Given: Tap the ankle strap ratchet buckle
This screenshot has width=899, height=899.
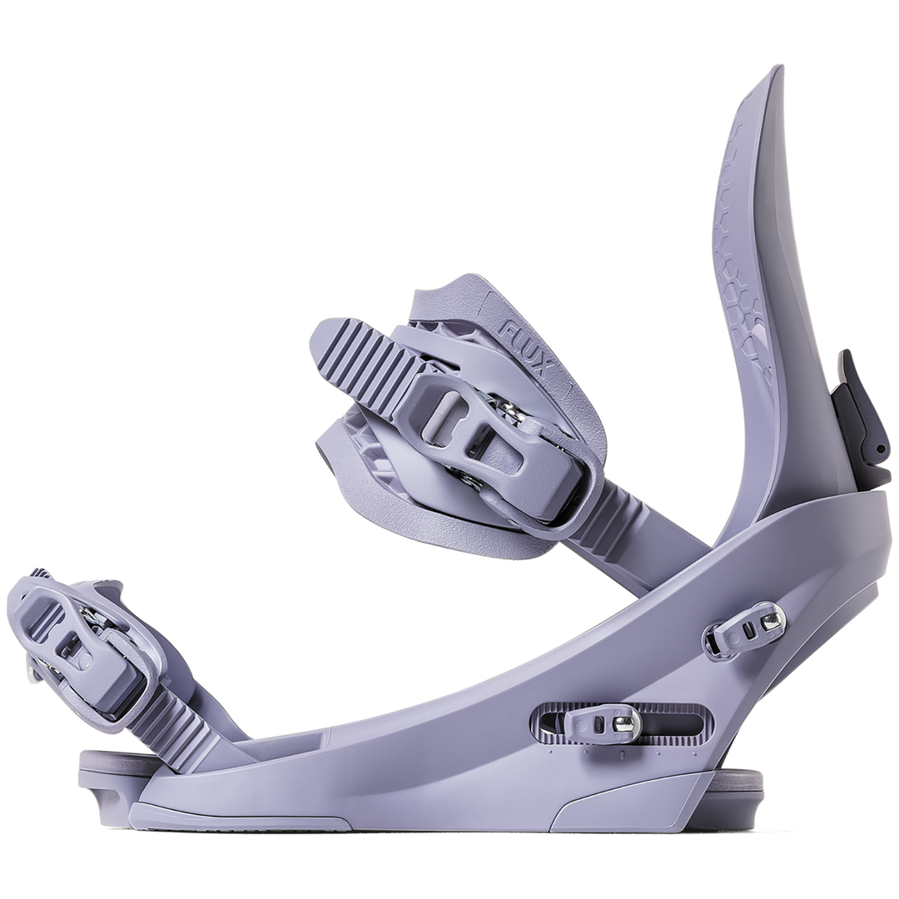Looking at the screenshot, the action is click(x=490, y=435).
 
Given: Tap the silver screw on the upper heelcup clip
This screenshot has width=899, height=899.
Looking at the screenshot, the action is click(x=772, y=620).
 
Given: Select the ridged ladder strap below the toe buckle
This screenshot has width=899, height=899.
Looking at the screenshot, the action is click(x=172, y=725).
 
